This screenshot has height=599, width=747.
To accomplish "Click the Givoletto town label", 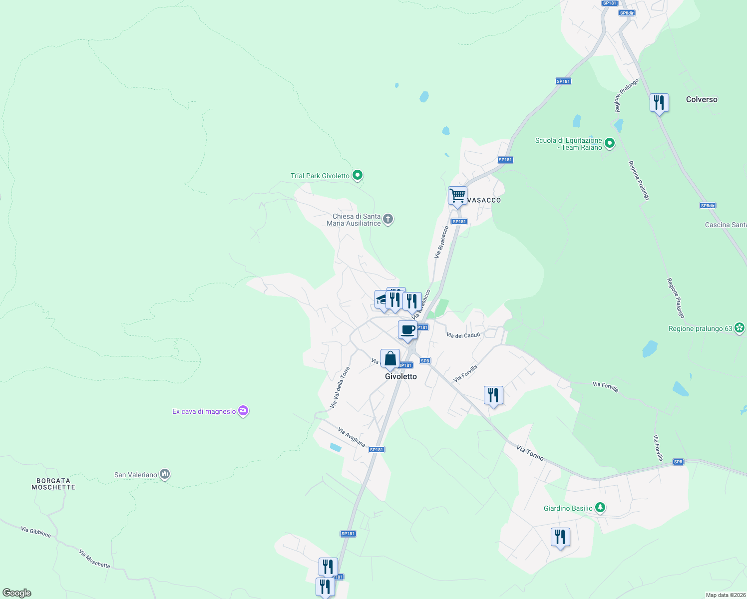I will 400,376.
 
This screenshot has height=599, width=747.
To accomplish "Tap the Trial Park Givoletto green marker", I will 357,175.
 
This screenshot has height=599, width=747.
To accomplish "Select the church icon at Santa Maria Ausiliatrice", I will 388,219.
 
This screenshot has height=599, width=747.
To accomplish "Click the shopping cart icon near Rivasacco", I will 457,195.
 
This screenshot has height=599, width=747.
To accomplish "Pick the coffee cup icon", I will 407,330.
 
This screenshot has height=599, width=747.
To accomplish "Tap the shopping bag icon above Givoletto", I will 390,358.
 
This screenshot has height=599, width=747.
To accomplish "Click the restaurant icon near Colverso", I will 659,103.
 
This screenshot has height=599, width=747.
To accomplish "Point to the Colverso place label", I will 701,99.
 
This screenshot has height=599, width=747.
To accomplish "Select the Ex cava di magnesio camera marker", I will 243,411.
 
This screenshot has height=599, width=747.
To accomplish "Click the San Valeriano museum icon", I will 165,474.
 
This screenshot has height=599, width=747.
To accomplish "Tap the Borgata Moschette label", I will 53,484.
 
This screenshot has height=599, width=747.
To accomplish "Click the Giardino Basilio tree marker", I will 600,508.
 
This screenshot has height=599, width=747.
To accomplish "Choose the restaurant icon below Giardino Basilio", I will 560,537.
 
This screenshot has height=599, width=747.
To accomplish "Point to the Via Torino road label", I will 530,453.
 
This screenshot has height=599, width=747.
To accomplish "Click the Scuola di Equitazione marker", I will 609,144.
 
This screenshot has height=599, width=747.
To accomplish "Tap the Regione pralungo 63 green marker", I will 740,328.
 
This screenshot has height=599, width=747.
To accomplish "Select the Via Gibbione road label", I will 36,532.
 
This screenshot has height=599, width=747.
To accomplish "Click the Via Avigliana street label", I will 352,437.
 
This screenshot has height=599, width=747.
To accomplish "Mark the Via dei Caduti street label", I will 463,335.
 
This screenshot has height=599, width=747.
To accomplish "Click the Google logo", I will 17,593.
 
